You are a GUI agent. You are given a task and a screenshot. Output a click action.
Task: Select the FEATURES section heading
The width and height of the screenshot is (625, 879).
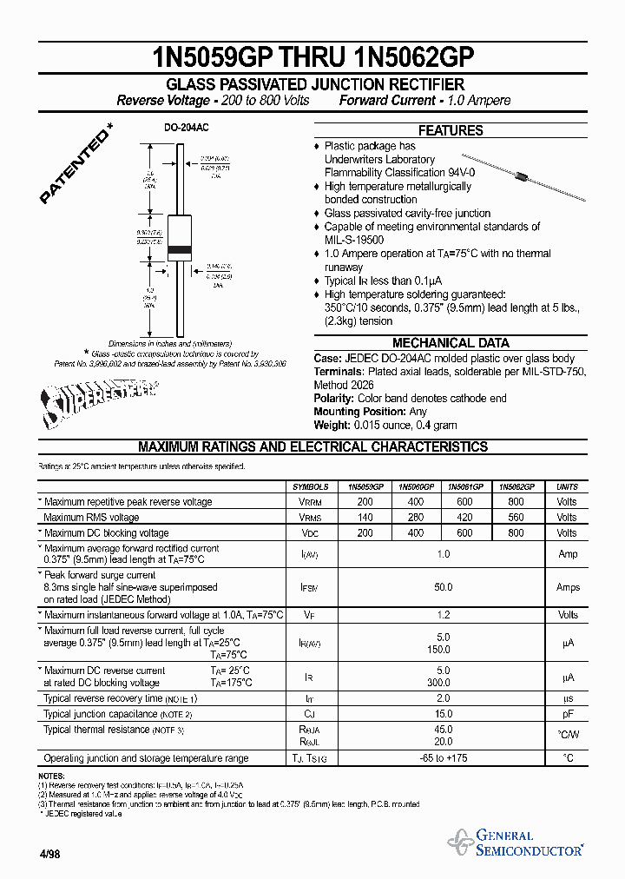click(x=451, y=130)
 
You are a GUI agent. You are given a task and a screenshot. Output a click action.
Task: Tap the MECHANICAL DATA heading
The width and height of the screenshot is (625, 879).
click(x=451, y=343)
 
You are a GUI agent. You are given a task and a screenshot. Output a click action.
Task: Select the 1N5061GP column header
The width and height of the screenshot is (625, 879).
click(x=467, y=487)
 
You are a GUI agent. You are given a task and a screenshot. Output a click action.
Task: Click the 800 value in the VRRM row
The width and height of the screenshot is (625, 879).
click(x=516, y=502)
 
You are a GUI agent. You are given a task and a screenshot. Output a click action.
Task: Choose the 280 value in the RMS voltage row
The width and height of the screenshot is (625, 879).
click(x=416, y=518)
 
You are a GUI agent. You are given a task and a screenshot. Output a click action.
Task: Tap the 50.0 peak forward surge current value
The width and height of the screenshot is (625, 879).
click(x=443, y=588)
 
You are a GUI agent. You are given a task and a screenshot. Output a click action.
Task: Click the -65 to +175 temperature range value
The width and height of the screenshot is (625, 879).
click(x=443, y=758)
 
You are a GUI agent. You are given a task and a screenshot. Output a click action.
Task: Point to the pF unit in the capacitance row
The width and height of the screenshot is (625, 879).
click(x=567, y=714)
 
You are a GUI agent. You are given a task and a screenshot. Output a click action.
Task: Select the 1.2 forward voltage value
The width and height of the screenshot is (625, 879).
click(x=443, y=615)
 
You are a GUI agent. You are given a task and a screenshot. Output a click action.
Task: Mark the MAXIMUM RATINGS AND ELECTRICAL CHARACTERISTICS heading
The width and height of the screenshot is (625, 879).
click(x=312, y=447)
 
